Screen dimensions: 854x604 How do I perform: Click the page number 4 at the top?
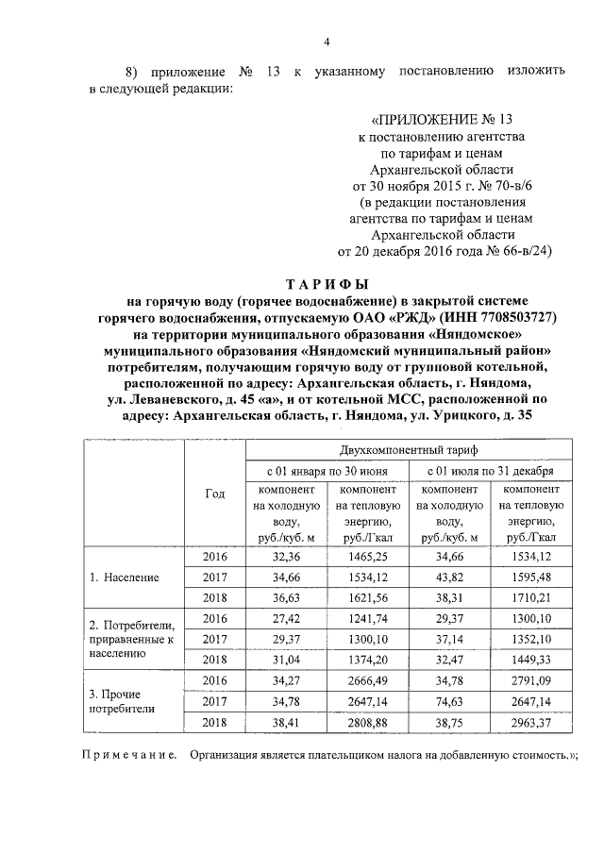tap(327, 41)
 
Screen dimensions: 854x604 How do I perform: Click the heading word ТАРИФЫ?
tap(327, 284)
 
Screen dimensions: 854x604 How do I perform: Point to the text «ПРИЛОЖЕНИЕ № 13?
tap(443, 120)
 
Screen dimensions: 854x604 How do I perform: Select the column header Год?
tap(214, 494)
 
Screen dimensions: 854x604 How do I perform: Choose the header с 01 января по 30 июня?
tap(325, 471)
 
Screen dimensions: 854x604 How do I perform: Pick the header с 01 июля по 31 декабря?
tap(490, 471)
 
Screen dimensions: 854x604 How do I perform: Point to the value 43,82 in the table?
tap(448, 576)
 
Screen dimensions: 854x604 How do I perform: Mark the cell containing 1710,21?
tap(529, 596)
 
